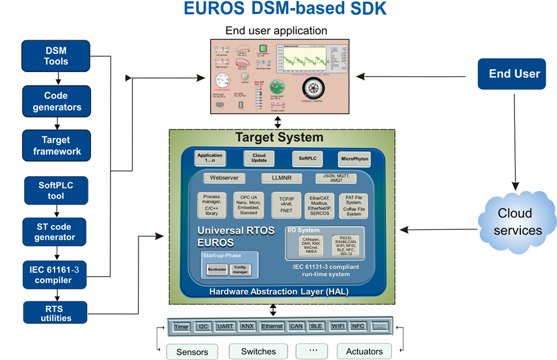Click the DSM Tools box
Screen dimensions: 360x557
tap(56, 56)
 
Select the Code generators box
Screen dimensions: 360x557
tap(56, 101)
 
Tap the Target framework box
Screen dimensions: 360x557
tap(56, 145)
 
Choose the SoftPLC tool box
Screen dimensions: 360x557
tap(56, 190)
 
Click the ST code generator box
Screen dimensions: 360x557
tap(56, 232)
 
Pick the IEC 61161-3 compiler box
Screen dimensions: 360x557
tap(56, 274)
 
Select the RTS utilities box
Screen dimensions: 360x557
tap(56, 313)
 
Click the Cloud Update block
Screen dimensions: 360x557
tap(259, 158)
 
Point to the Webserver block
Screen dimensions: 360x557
tap(224, 178)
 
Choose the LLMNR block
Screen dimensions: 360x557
tap(281, 178)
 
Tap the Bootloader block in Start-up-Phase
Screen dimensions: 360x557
tap(216, 270)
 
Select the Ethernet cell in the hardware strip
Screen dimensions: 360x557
tap(273, 326)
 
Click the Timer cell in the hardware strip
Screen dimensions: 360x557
tap(182, 326)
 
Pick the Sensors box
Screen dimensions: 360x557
tap(192, 352)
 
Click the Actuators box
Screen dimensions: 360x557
tap(364, 351)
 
